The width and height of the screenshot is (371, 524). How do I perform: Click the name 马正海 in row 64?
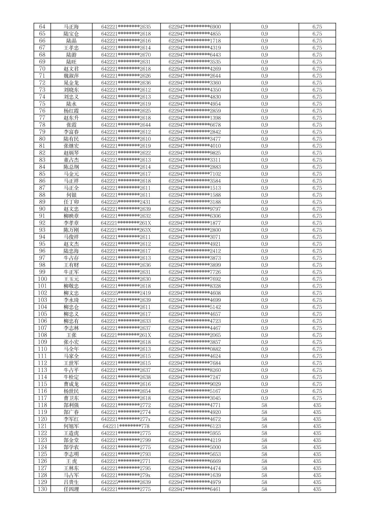(71, 27)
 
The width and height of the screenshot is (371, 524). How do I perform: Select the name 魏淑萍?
(71, 76)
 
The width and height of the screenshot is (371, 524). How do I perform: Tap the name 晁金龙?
(71, 83)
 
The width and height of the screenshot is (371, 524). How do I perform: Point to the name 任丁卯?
(71, 202)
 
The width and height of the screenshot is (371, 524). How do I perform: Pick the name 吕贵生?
(71, 482)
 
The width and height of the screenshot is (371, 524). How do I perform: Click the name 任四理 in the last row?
(71, 489)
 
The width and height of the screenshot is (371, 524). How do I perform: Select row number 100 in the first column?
(42, 279)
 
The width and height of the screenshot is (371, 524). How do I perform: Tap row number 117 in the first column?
(42, 398)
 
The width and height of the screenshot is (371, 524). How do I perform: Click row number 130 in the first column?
(42, 489)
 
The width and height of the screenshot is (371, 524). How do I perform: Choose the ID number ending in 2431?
(126, 202)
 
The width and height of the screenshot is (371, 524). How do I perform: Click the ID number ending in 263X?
(126, 230)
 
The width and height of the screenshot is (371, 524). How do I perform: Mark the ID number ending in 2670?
(126, 55)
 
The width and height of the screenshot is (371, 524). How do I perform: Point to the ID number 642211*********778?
(126, 426)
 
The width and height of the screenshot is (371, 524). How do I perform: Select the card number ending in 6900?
(195, 27)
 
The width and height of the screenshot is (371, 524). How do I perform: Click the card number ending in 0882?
(195, 349)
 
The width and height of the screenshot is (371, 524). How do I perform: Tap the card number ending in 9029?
(195, 384)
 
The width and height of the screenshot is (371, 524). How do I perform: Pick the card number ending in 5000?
(195, 447)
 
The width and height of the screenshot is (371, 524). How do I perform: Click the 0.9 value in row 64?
(264, 27)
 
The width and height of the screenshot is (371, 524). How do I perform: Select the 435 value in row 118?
(317, 405)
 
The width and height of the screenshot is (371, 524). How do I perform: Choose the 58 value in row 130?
(264, 489)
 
